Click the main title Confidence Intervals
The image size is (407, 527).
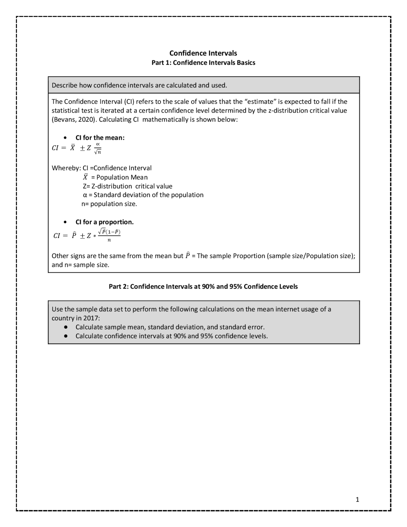[203, 53]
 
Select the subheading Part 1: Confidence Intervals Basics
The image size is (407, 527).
[203, 63]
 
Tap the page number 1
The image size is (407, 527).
[357, 500]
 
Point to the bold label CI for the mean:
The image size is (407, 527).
[100, 138]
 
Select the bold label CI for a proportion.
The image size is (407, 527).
[104, 222]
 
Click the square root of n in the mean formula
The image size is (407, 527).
[98, 152]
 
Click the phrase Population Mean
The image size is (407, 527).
[122, 177]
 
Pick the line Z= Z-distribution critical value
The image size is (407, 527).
[128, 186]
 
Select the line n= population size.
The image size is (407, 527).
[109, 204]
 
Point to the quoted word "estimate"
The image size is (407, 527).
[260, 102]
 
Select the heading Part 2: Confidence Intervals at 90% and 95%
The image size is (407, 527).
[203, 286]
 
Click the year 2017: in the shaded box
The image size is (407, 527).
[92, 318]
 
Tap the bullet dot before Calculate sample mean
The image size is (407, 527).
[66, 327]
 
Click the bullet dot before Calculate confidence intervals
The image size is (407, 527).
[66, 336]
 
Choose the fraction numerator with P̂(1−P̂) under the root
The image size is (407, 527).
[109, 232]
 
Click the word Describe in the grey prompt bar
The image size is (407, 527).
[65, 85]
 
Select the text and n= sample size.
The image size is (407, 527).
[80, 265]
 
